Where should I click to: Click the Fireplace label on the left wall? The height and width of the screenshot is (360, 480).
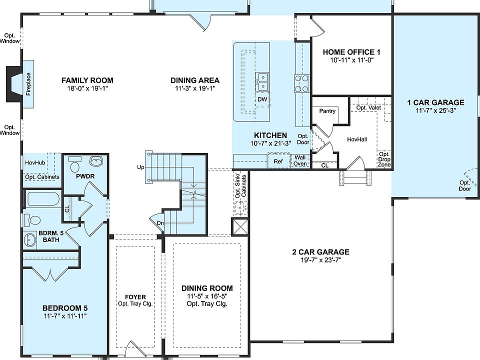click(28, 84)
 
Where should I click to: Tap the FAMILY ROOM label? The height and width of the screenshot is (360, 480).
click(87, 80)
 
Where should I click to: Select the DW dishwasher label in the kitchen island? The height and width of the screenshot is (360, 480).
click(262, 99)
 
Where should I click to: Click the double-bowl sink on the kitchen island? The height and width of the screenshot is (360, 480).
click(262, 82)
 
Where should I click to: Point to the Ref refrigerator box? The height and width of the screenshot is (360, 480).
click(278, 161)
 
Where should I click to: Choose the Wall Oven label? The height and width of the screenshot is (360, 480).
click(300, 160)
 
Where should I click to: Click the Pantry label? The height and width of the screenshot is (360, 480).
click(327, 111)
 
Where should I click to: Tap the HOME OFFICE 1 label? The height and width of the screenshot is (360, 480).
click(352, 52)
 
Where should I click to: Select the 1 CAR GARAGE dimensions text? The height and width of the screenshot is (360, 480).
click(435, 111)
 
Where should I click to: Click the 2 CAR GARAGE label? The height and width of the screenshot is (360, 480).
click(320, 252)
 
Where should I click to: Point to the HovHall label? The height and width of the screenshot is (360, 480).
click(357, 139)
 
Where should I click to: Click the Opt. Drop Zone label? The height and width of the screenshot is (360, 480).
click(384, 159)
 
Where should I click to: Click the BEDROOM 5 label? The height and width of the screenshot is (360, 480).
click(65, 307)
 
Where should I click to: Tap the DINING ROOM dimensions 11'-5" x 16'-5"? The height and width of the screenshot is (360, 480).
click(207, 296)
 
